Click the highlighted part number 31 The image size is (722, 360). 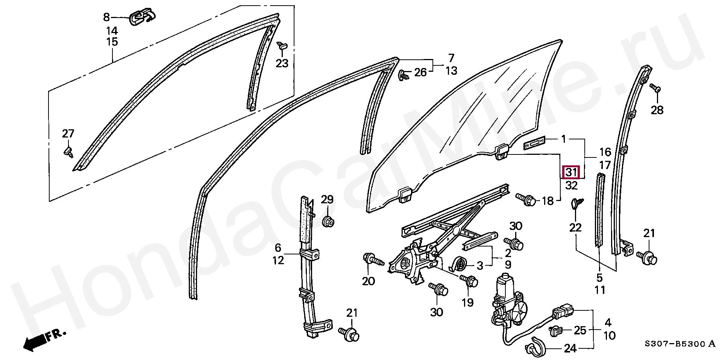coord(571,172)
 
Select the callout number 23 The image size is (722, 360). coord(282,64)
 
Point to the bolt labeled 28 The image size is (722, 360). coord(655,88)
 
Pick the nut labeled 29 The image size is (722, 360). coord(328,221)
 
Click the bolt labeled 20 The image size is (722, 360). coord(372,260)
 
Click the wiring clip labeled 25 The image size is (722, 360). coord(555,331)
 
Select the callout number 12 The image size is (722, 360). coord(278,260)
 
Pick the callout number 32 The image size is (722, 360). coord(571,185)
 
